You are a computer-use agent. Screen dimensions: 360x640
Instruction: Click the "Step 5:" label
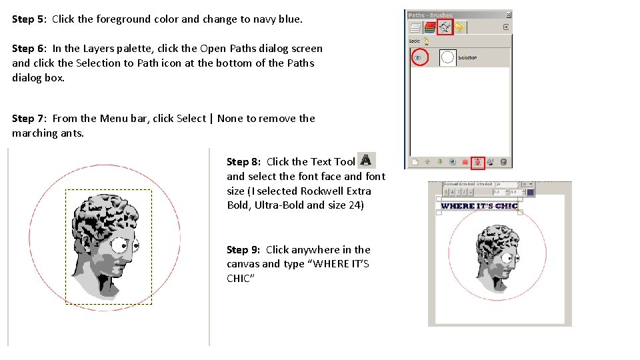[x=30, y=19]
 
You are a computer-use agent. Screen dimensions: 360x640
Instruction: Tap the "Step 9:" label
[x=244, y=250]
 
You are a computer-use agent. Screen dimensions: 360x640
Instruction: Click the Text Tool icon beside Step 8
[x=366, y=161]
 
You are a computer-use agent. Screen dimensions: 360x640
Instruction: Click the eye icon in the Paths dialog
[x=418, y=58]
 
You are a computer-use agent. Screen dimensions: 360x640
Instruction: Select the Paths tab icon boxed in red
[x=445, y=27]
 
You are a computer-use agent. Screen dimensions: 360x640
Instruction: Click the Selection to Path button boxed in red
[x=477, y=161]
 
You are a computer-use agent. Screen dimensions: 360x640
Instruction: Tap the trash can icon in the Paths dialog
[x=503, y=161]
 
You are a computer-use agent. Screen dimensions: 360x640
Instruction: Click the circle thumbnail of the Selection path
[x=448, y=58]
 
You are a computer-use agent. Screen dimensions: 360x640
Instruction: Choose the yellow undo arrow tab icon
[x=460, y=27]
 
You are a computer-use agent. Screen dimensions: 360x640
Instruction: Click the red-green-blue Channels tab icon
[x=430, y=27]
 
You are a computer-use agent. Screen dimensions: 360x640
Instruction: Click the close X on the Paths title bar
[x=508, y=15]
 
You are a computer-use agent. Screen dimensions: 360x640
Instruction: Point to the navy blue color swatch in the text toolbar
[x=530, y=193]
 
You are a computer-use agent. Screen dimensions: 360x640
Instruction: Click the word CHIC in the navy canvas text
[x=506, y=206]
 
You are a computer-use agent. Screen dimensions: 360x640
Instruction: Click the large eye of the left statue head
[x=123, y=246]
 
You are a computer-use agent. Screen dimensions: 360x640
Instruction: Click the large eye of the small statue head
[x=505, y=257]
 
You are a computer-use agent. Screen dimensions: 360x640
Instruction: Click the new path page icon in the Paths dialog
[x=415, y=161]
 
